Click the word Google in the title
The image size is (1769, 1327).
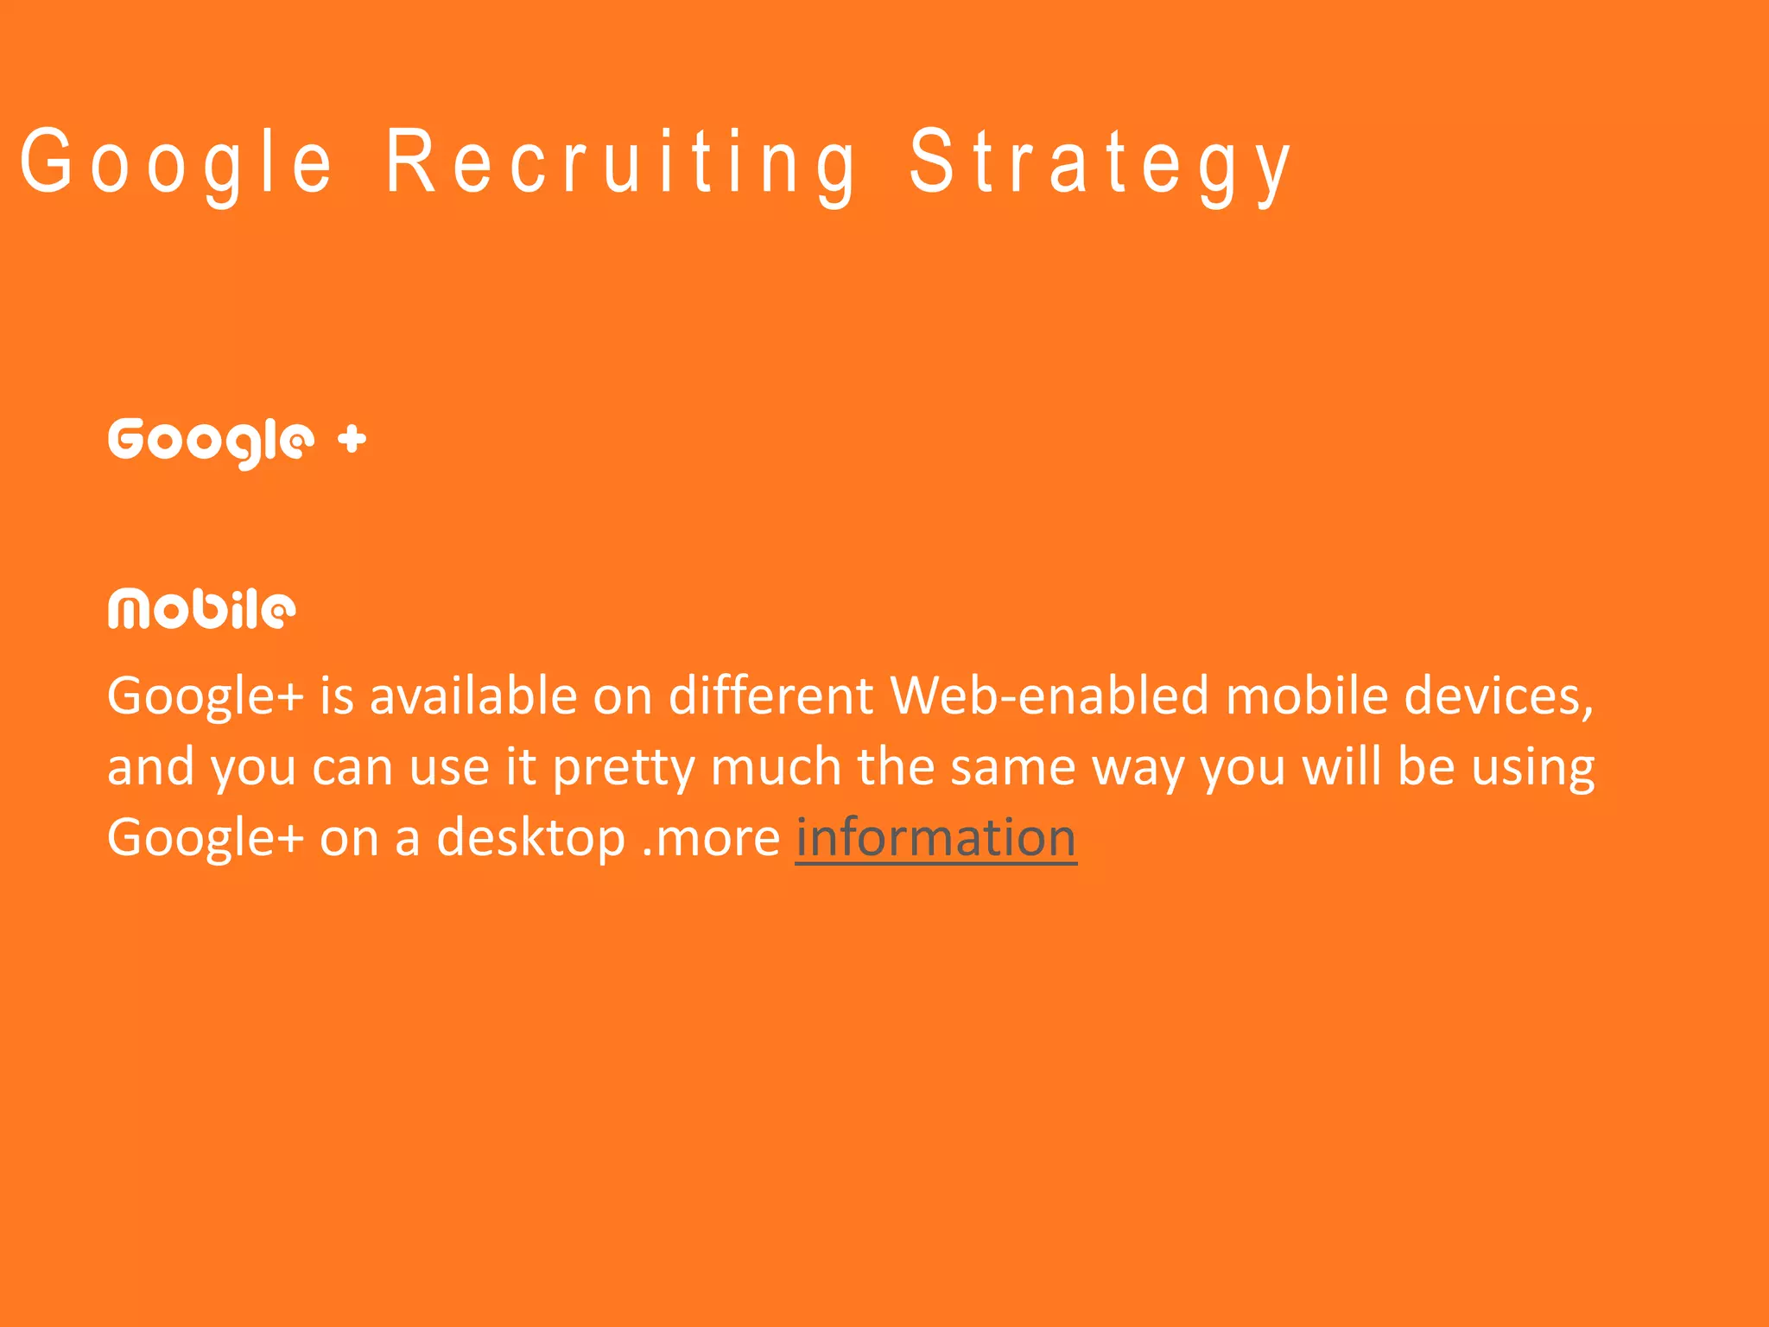click(176, 162)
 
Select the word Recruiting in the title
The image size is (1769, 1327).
click(620, 162)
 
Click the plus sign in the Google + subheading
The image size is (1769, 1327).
click(352, 440)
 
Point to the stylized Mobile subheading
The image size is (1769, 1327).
click(202, 609)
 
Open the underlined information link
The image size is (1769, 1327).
click(935, 837)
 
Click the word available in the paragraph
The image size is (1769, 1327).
click(473, 695)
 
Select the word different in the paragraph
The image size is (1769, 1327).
click(770, 695)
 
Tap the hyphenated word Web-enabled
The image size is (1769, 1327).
click(1049, 695)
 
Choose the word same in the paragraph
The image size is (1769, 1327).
click(1013, 766)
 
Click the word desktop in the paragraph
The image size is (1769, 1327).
click(530, 839)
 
